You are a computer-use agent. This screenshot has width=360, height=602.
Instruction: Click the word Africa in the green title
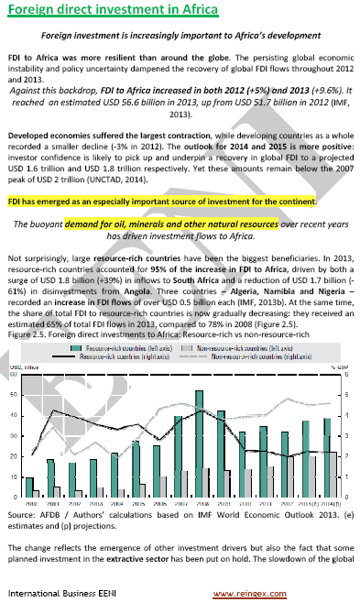pos(191,11)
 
